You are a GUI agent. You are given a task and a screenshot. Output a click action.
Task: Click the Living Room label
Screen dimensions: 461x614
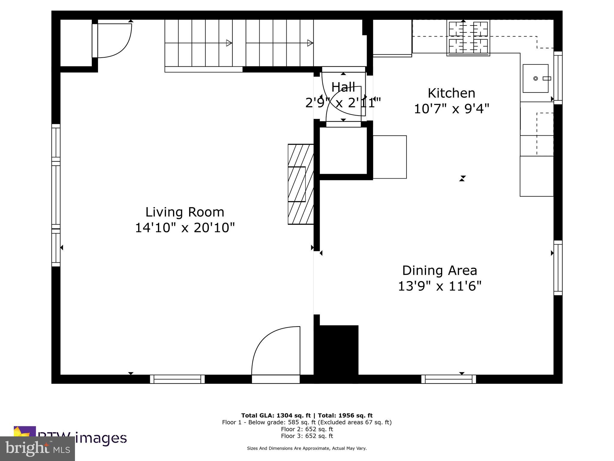(185, 212)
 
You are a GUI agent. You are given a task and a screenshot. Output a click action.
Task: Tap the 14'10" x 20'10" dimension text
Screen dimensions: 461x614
(185, 228)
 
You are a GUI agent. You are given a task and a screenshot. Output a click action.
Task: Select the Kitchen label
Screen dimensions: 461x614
(451, 93)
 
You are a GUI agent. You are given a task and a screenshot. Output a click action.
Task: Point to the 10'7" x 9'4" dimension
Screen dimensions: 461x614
(451, 109)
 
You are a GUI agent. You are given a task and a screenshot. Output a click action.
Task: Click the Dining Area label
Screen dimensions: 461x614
(439, 270)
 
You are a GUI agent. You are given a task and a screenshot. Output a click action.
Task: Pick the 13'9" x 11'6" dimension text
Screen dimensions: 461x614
(439, 286)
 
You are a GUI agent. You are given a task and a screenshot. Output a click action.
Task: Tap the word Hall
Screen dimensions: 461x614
(343, 87)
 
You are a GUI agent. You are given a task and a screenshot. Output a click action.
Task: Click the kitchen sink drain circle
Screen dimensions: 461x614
(535, 79)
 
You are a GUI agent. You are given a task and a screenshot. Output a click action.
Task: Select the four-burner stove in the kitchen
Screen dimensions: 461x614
(468, 38)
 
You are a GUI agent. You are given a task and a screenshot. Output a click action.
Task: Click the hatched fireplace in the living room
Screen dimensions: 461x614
(300, 184)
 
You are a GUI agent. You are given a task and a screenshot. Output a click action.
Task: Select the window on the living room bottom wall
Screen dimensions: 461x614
(177, 379)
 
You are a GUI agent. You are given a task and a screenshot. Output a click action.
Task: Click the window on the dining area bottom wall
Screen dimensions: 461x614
(449, 379)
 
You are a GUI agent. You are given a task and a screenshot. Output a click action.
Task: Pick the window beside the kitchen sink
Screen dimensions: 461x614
(558, 78)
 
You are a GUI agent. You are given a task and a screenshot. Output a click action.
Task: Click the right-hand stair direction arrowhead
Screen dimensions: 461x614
(310, 43)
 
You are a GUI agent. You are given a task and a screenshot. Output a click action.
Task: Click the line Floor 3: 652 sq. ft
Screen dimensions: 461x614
(307, 436)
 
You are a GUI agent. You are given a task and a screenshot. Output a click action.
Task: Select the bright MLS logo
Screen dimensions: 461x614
(37, 448)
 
